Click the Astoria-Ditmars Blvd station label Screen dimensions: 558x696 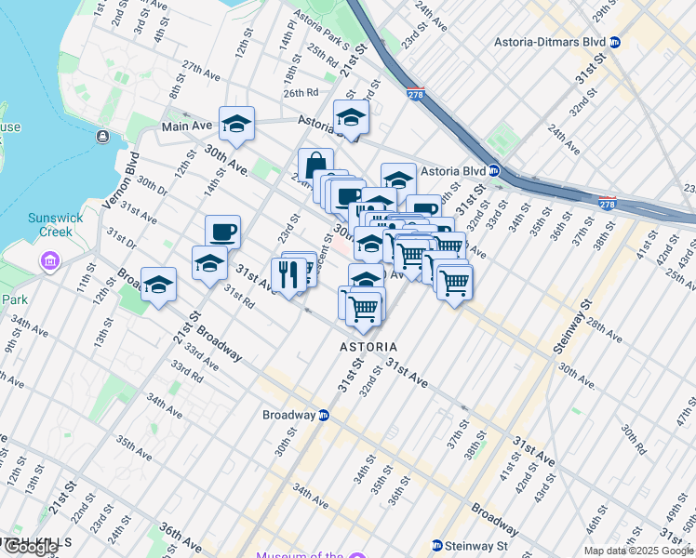pyautogui.click(x=548, y=43)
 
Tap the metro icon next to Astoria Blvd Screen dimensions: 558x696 pyautogui.click(x=496, y=171)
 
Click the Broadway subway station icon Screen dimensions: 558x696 pyautogui.click(x=324, y=415)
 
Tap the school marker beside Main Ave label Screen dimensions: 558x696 pyautogui.click(x=236, y=124)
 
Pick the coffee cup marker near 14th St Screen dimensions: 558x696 pyautogui.click(x=222, y=232)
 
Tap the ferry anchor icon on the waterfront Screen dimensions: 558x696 pyautogui.click(x=101, y=138)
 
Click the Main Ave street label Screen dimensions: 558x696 pyautogui.click(x=187, y=126)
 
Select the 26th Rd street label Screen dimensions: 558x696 pyautogui.click(x=301, y=93)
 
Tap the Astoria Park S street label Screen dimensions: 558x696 pyautogui.click(x=320, y=30)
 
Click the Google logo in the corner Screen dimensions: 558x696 pyautogui.click(x=31, y=547)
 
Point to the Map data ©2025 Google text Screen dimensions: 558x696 pyautogui.click(x=638, y=551)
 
